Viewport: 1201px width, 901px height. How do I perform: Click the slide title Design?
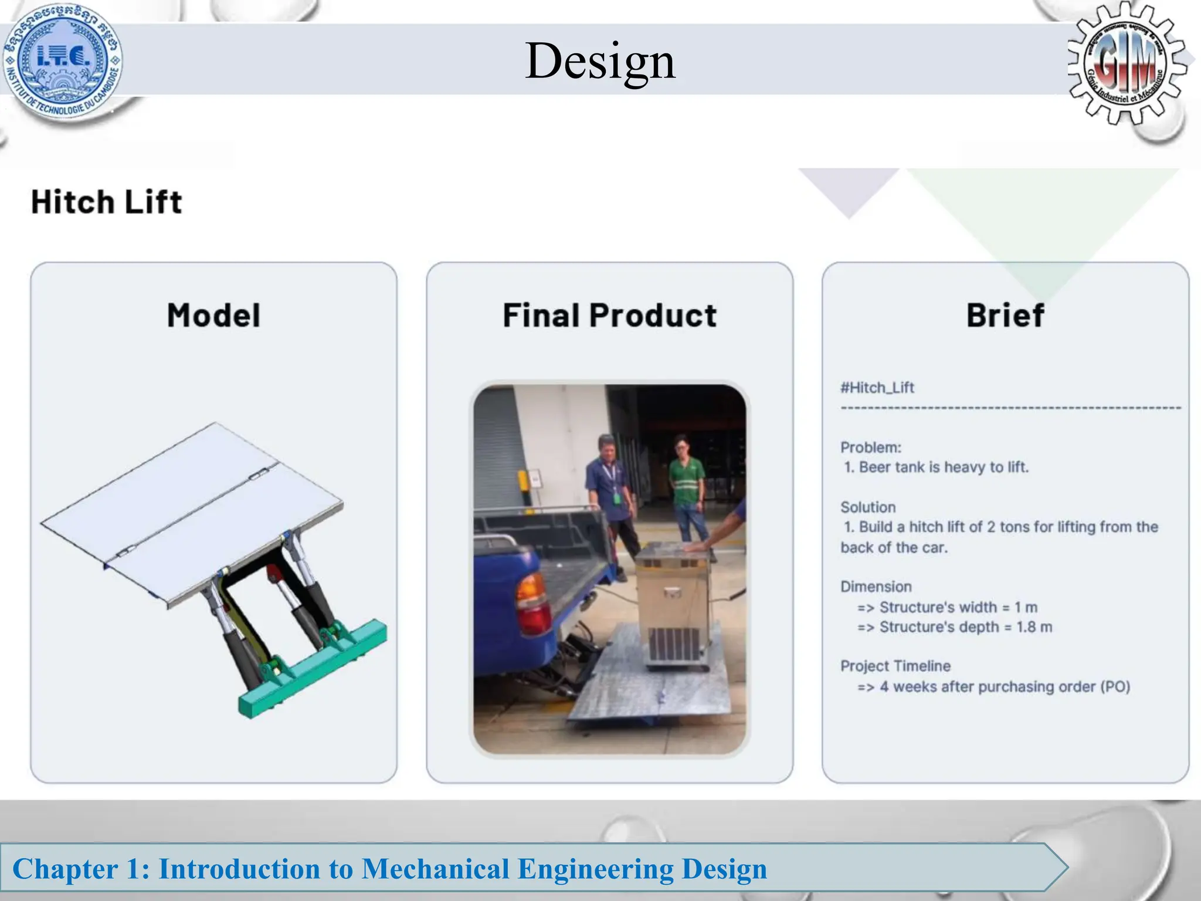(600, 61)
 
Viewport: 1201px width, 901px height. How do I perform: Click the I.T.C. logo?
(63, 60)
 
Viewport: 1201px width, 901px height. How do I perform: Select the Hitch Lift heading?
(106, 202)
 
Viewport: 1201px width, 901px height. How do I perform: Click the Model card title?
(213, 315)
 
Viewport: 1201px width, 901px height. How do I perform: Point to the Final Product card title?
(609, 315)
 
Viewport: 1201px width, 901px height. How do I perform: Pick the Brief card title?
(1005, 315)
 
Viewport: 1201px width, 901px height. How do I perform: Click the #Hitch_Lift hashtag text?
(877, 388)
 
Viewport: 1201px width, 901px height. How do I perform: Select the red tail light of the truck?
(532, 604)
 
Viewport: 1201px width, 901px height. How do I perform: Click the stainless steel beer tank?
(674, 604)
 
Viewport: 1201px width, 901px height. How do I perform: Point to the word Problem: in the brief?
(870, 448)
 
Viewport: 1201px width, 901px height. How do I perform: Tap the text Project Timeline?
(895, 666)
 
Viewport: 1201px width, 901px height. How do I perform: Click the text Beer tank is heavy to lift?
(943, 468)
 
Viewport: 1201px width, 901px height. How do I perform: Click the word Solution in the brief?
(868, 507)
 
